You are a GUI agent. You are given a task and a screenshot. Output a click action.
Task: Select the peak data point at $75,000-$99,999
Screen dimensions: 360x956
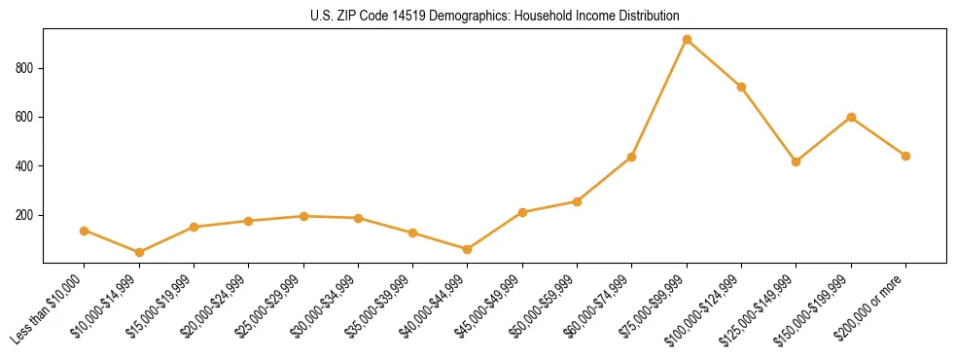pos(687,40)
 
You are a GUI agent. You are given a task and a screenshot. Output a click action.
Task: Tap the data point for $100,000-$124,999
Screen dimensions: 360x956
pos(741,87)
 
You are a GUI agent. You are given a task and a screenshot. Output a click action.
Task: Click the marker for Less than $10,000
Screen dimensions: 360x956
pos(85,231)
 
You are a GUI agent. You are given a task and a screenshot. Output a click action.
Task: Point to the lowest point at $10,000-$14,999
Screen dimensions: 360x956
pos(139,252)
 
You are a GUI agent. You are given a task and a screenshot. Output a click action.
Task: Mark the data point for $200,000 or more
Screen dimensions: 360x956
pos(905,156)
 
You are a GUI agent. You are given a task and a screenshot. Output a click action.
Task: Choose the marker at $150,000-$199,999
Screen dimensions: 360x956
pos(851,117)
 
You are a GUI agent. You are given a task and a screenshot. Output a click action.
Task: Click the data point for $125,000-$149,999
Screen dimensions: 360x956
pos(797,162)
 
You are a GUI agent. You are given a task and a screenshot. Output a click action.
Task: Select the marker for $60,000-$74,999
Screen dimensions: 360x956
pos(632,157)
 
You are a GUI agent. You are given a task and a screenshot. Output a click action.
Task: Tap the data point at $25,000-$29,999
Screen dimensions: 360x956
pos(303,216)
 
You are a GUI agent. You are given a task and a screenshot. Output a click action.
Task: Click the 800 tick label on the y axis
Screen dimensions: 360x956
pos(26,68)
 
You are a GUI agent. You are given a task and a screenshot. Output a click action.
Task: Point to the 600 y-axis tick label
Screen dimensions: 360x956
pos(26,117)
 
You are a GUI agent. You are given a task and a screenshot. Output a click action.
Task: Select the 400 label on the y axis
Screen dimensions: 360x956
pos(26,166)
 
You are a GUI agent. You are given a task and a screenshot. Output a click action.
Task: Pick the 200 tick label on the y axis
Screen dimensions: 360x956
pos(26,215)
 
